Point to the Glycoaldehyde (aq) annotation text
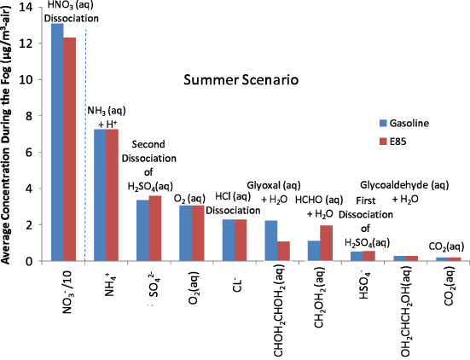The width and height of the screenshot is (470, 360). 404,183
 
